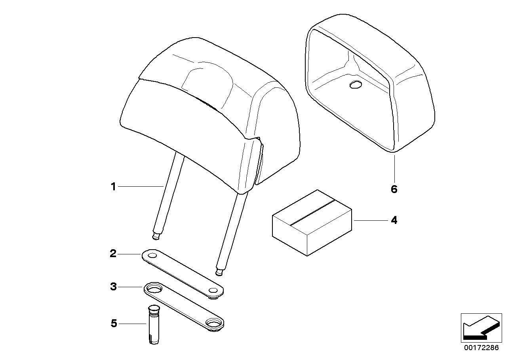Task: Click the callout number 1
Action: pos(113,186)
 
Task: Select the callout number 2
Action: pos(113,254)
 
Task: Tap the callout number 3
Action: pos(113,287)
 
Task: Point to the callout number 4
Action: pos(394,220)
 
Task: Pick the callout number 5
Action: pos(114,324)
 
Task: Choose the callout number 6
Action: pos(394,189)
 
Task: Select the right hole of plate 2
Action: pos(214,291)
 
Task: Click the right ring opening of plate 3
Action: pos(214,324)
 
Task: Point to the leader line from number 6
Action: pos(394,168)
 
